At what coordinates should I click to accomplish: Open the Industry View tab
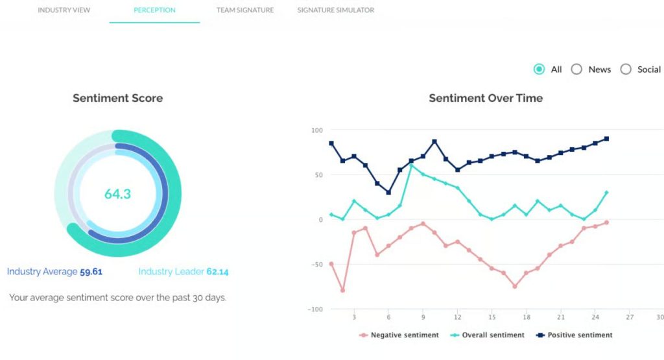click(64, 10)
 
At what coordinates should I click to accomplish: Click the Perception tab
click(154, 10)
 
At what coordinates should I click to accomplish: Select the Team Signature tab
click(244, 10)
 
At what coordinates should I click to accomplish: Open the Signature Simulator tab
click(335, 10)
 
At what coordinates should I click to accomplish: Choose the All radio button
click(539, 69)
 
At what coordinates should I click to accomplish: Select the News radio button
click(576, 69)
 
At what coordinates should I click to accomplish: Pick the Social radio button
click(626, 69)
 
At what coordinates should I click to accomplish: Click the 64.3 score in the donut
click(117, 193)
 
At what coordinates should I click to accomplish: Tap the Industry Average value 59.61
click(91, 272)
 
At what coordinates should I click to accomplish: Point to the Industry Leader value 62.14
click(217, 272)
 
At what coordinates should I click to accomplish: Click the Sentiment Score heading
click(117, 99)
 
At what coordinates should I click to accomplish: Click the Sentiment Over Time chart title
click(486, 99)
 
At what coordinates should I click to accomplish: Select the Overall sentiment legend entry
click(487, 335)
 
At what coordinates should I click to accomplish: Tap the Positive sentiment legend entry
click(575, 335)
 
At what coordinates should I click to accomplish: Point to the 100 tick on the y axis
click(316, 130)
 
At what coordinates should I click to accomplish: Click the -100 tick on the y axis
click(315, 309)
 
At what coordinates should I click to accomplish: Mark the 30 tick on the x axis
click(659, 317)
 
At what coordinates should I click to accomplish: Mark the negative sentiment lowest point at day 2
click(342, 291)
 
